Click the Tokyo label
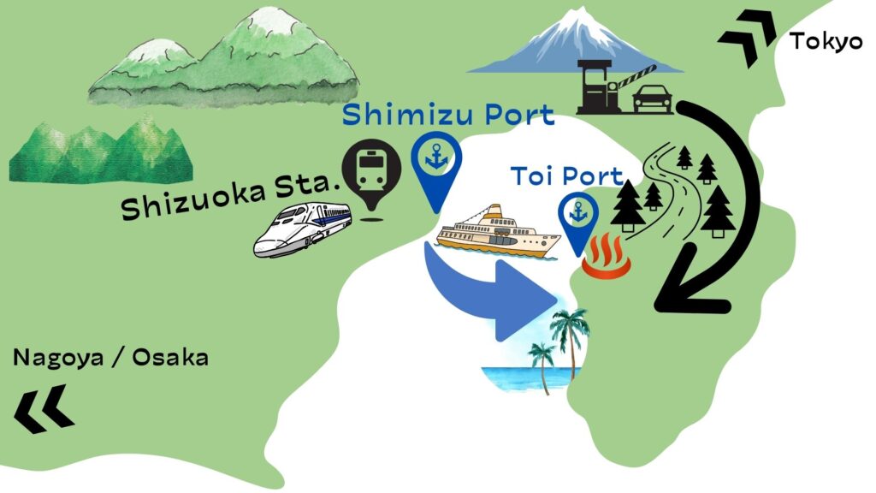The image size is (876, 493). (826, 40)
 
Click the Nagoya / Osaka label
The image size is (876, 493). (110, 358)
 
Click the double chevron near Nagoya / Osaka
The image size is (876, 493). (43, 407)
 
